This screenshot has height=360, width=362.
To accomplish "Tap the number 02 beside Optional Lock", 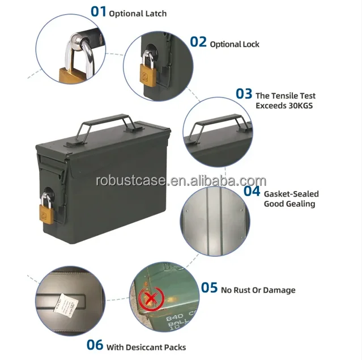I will (198, 41).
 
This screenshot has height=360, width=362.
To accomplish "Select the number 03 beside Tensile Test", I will (244, 94).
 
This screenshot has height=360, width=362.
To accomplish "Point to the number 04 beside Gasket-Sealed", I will (252, 190).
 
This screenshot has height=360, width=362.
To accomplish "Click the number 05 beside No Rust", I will (209, 288).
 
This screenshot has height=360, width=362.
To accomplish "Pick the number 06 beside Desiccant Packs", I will (95, 344).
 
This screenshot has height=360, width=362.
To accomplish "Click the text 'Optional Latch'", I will (138, 13).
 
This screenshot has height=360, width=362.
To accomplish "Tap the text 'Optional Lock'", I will (235, 44).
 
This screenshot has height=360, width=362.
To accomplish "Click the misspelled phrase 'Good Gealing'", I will (289, 204).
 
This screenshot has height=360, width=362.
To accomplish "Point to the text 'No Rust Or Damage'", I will (258, 290).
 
